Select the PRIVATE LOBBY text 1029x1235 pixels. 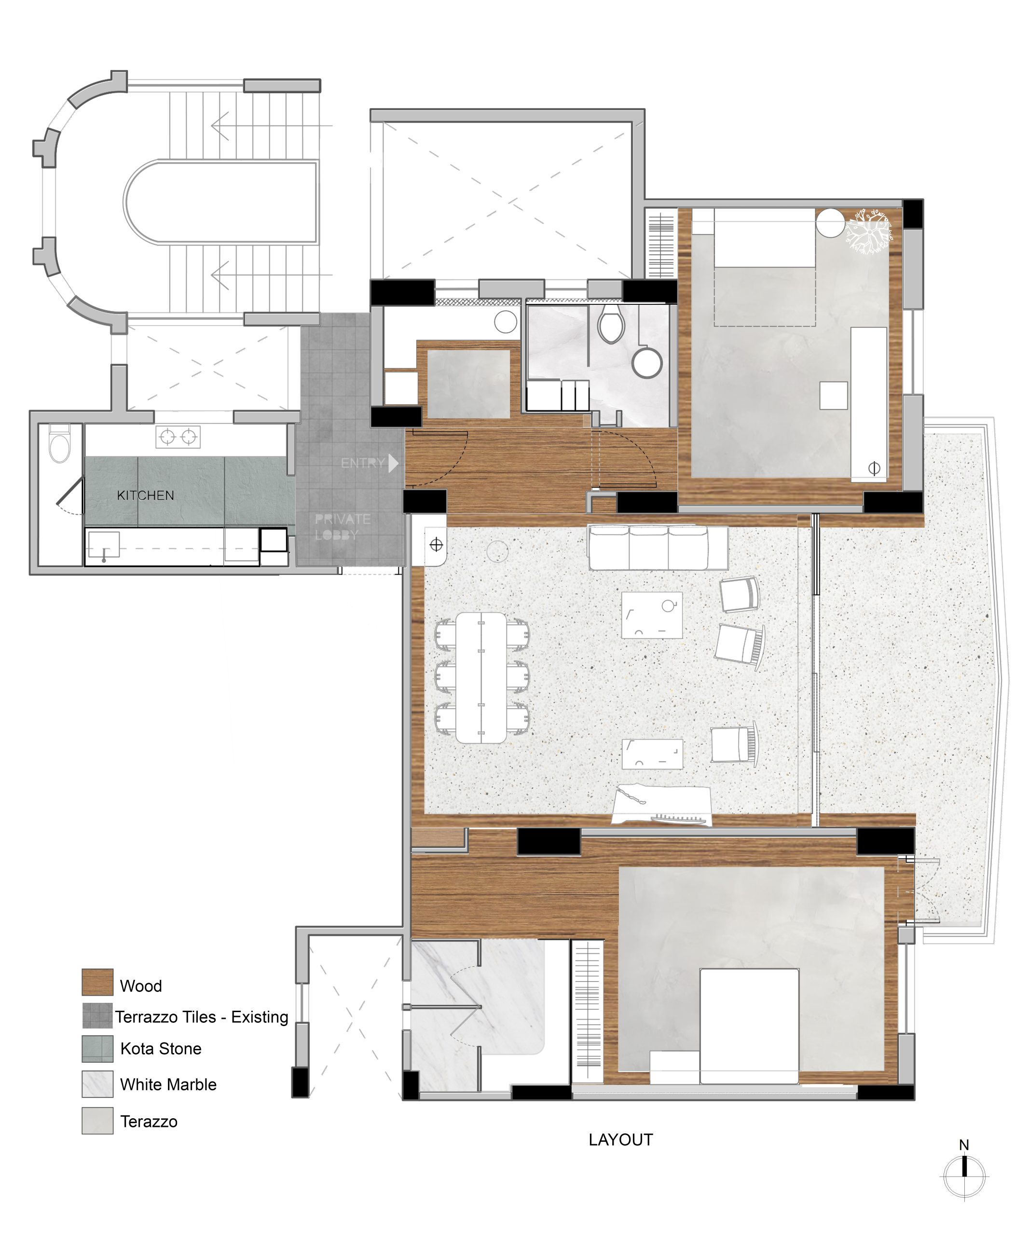(x=342, y=527)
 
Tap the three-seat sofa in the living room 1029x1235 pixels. (x=658, y=548)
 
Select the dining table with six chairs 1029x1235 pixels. (x=481, y=677)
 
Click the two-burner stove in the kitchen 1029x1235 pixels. (x=178, y=437)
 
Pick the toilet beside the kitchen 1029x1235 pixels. (x=59, y=444)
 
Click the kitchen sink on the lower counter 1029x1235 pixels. (x=104, y=545)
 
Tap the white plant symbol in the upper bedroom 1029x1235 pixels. (x=869, y=231)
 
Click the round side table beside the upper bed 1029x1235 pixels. (x=830, y=223)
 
